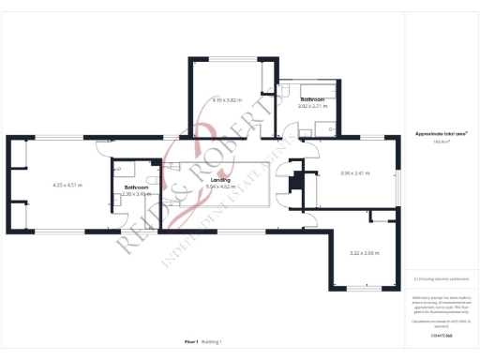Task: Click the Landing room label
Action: click(221, 179)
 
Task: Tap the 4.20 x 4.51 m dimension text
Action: click(67, 186)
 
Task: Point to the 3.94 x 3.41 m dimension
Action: click(354, 173)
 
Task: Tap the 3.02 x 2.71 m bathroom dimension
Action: click(312, 106)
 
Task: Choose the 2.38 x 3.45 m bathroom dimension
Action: click(137, 194)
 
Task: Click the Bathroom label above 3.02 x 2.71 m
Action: click(312, 98)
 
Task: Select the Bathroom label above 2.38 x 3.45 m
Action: click(137, 187)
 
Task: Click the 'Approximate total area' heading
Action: click(441, 134)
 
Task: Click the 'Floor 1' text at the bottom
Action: click(191, 343)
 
